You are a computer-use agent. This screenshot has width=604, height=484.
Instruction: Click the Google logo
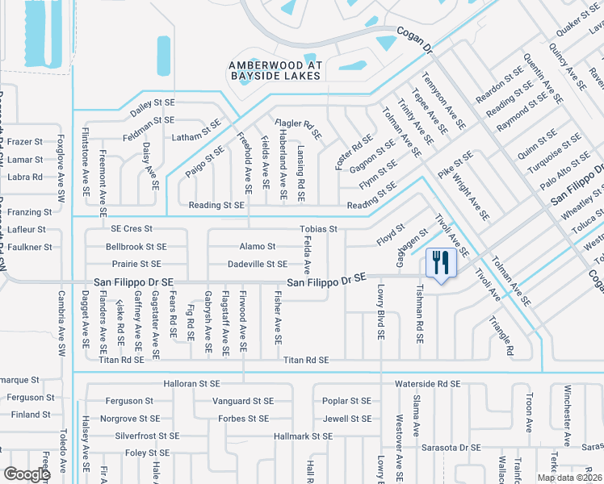point(26,474)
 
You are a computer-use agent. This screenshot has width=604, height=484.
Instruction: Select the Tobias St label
point(318,229)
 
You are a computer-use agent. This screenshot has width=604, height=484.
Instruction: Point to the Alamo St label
point(258,246)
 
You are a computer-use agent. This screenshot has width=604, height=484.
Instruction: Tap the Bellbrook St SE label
point(136,246)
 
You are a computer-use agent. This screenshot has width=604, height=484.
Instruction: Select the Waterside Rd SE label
point(427,385)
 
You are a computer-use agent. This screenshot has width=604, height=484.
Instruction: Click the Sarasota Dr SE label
point(448,447)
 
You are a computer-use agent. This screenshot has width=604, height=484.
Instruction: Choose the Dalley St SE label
point(153,102)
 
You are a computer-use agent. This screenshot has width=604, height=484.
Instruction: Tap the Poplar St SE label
point(346,401)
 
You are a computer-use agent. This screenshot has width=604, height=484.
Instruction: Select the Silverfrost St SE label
point(147,436)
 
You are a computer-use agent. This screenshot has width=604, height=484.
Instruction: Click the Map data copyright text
point(568,478)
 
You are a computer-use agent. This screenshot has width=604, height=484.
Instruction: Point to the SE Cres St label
point(127,229)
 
